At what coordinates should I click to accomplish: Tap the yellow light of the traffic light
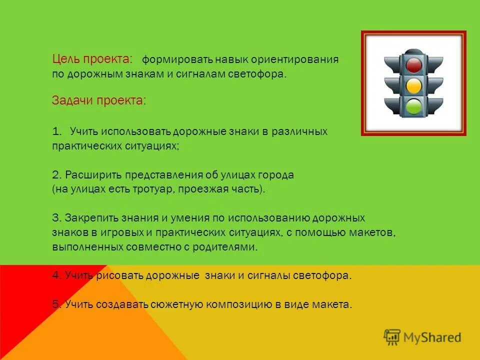(x=413, y=86)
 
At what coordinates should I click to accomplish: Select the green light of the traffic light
(x=413, y=106)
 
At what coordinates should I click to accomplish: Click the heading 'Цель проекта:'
(x=92, y=59)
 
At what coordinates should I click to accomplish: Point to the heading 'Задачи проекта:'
(x=99, y=100)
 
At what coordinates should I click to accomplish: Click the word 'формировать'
(x=177, y=59)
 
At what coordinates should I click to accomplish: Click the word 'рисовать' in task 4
(x=115, y=276)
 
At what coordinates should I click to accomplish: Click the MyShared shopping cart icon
(x=392, y=336)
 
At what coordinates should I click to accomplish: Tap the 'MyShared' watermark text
(x=431, y=337)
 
